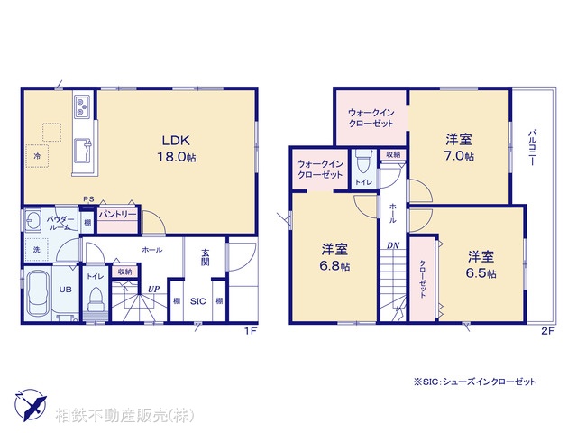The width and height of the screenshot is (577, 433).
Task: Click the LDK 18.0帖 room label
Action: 174,147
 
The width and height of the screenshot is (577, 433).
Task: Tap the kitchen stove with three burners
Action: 80,106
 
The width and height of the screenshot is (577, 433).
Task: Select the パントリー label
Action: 116,215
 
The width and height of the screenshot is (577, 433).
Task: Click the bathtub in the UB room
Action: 38,293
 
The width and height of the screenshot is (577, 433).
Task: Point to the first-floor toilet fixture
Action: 95,299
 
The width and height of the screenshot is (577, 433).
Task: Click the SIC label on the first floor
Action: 198,300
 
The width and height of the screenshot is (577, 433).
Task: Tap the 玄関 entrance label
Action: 205,257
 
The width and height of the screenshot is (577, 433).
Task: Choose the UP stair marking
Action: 154,290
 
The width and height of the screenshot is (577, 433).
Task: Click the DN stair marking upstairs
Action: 394,246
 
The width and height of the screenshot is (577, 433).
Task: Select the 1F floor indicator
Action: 251,330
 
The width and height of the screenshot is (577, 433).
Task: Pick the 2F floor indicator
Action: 546,330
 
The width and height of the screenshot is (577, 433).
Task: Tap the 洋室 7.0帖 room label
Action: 459,147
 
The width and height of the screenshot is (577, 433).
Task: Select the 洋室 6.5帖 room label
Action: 481,263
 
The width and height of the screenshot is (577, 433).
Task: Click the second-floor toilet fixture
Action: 362,163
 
